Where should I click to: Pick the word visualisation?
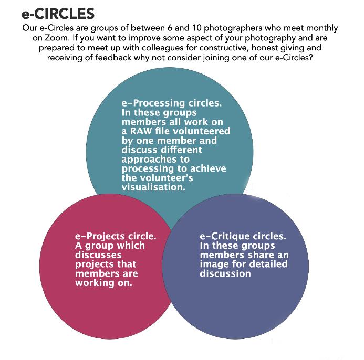tap(153, 187)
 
